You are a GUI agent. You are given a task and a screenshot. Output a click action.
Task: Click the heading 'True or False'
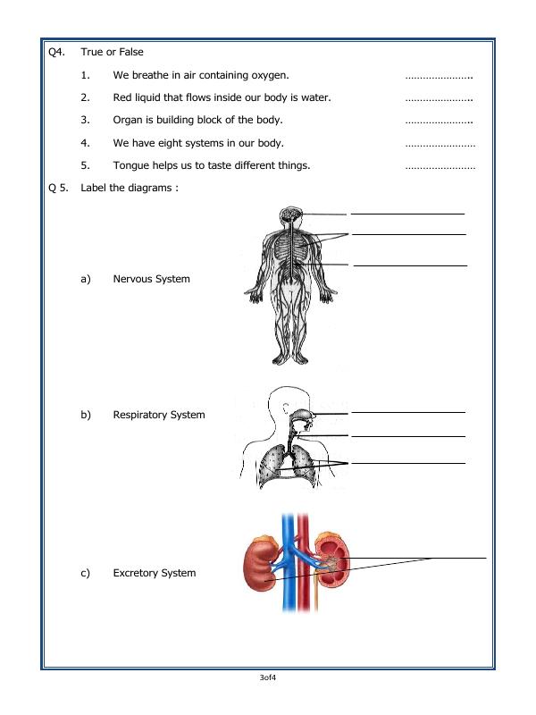112,53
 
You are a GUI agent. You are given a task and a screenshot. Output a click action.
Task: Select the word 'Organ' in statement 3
129,119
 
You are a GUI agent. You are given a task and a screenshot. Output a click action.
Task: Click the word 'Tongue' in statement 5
131,164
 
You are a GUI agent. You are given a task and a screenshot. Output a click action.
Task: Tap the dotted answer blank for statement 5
440,166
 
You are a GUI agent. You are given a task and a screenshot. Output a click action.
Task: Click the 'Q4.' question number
56,53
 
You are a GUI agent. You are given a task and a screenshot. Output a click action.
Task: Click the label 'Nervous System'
151,279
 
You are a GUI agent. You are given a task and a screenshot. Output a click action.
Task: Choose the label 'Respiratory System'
158,415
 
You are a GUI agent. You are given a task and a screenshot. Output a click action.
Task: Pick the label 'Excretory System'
154,573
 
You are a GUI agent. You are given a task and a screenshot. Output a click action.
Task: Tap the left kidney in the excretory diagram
262,565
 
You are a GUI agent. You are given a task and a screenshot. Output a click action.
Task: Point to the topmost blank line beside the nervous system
407,214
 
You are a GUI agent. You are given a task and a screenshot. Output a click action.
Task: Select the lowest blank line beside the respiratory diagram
407,464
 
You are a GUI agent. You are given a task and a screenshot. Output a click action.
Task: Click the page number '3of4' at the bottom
267,680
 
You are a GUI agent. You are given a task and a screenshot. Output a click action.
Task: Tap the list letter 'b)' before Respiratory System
86,415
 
